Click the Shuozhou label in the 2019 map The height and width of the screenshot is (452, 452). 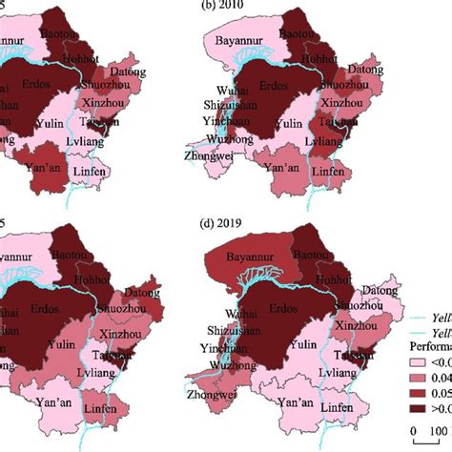[x=370, y=302]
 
